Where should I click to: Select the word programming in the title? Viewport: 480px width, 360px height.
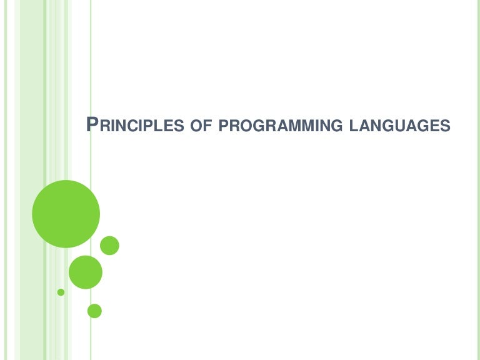click(279, 126)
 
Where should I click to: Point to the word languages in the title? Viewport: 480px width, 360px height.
click(401, 126)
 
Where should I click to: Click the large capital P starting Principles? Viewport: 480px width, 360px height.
click(91, 124)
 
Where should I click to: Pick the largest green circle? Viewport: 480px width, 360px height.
click(66, 214)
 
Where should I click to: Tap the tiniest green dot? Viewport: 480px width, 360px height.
click(61, 292)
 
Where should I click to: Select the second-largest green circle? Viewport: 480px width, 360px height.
click(85, 272)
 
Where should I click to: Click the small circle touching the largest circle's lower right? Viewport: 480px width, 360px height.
click(109, 246)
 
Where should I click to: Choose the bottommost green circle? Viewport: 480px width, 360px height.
click(94, 311)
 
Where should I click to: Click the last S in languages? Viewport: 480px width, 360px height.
click(445, 126)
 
